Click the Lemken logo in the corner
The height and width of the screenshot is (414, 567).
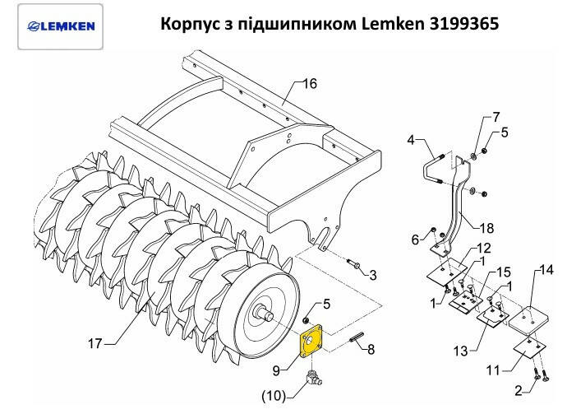[x=58, y=25]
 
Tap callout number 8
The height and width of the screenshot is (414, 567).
[x=371, y=350]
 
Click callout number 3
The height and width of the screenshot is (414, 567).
[x=372, y=274]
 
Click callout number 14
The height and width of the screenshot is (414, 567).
[x=547, y=270]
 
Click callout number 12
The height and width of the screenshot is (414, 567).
[x=484, y=249]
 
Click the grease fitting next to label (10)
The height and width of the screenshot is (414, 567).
[x=314, y=379]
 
